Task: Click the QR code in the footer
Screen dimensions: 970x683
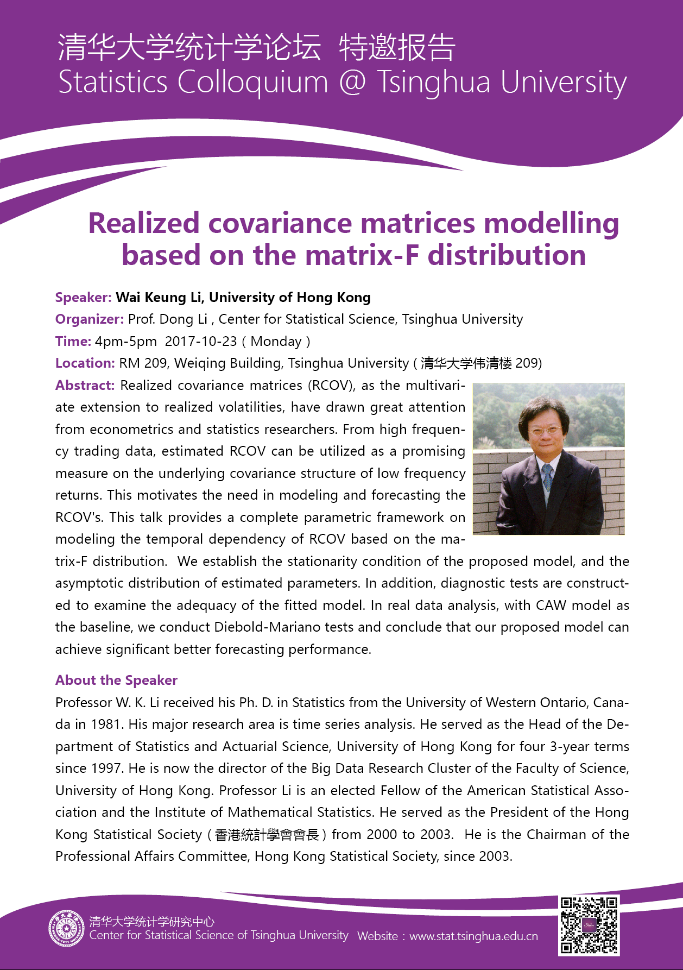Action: point(589,925)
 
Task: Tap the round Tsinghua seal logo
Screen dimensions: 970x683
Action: point(67,929)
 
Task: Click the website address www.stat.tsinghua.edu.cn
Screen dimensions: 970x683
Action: point(473,936)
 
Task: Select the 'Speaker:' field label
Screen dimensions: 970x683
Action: point(84,298)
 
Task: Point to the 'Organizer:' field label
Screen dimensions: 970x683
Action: point(90,319)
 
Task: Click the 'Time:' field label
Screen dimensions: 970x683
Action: point(73,342)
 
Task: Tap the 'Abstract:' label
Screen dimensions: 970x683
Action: point(85,386)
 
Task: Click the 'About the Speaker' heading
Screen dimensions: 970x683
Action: point(116,681)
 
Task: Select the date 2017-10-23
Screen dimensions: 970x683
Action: point(201,342)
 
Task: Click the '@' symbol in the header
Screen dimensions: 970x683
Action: point(352,83)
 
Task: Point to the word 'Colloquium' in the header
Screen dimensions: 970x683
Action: point(252,83)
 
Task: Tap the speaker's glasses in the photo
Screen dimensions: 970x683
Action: point(545,431)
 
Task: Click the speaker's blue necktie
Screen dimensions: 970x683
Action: point(548,477)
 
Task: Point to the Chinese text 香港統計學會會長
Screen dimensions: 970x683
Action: point(267,835)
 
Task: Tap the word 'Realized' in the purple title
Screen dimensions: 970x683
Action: point(144,223)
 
